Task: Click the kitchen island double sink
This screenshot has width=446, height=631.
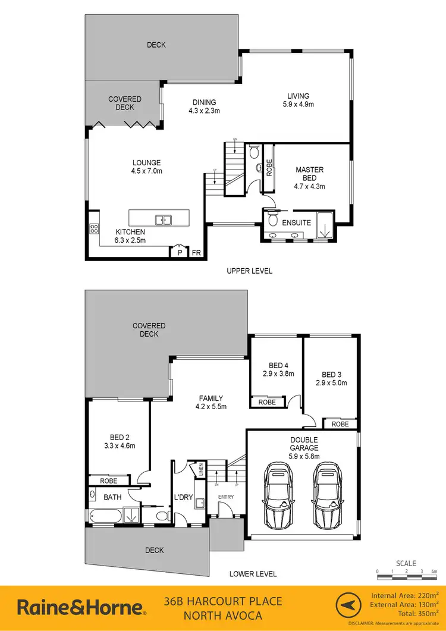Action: click(163, 220)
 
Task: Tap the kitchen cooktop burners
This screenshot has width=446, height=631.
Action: click(93, 228)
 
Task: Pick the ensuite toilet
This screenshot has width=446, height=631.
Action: click(273, 221)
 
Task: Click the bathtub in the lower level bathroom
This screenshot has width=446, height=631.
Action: click(108, 516)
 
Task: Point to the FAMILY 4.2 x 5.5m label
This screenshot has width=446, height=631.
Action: click(211, 403)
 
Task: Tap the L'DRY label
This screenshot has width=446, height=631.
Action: click(181, 497)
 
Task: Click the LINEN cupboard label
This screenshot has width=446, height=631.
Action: click(201, 470)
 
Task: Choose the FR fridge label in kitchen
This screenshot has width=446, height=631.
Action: click(196, 253)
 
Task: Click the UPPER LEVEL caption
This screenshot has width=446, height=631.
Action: click(249, 271)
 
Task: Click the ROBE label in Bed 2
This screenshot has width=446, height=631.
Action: click(108, 480)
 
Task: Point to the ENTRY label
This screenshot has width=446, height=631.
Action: click(226, 497)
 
